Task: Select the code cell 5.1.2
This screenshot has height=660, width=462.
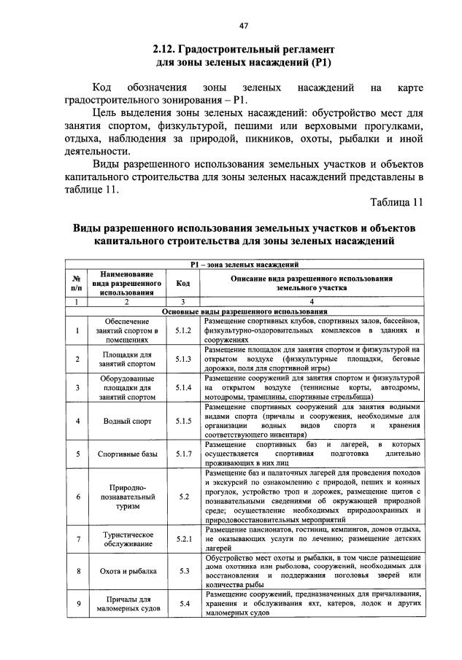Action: click(x=183, y=330)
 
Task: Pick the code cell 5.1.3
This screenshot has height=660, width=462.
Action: click(x=183, y=358)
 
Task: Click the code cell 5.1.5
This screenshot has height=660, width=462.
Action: click(x=183, y=421)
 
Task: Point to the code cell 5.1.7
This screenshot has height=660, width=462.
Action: click(x=183, y=454)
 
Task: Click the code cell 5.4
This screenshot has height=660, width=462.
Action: click(x=183, y=604)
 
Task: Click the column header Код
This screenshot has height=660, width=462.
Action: click(x=183, y=283)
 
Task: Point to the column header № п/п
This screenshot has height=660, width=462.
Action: click(x=76, y=283)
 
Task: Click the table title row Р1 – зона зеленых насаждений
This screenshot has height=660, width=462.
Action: click(x=244, y=265)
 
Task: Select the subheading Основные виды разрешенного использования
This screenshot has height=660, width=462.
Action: click(x=244, y=311)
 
